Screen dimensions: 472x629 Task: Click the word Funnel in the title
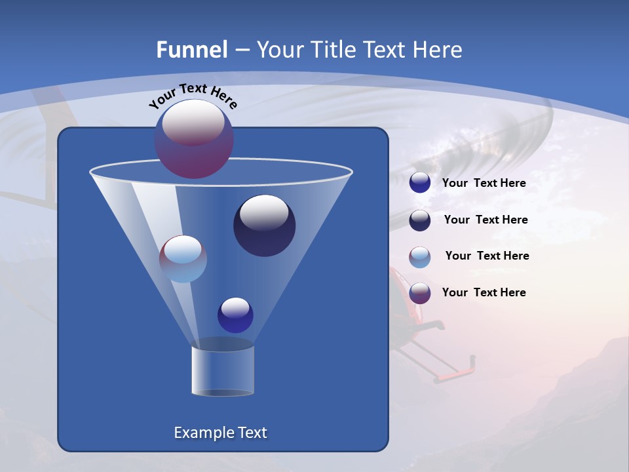pos(192,50)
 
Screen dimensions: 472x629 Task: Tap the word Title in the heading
pos(332,50)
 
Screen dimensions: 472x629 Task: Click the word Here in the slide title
pos(442,50)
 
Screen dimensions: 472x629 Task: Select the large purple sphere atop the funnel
pos(194,138)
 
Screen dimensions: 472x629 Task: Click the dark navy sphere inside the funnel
pos(264,226)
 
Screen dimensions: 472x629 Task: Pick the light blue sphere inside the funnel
pos(183,259)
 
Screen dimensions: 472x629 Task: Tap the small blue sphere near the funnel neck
pos(235,315)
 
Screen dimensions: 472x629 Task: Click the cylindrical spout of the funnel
pos(223,370)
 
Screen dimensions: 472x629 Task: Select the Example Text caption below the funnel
pos(220,433)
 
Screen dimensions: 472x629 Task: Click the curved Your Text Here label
pos(193,96)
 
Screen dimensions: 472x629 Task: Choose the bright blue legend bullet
pos(420,183)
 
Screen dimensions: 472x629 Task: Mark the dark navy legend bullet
pos(420,220)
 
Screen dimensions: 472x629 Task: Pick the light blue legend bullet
pos(420,257)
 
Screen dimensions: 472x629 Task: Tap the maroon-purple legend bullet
pos(420,293)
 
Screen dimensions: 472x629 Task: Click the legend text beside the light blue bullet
pos(487,256)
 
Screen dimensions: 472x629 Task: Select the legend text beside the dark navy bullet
pos(486,220)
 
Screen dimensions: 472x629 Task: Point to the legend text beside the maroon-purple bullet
pos(484,292)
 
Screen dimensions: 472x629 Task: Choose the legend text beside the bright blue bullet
pos(484,183)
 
